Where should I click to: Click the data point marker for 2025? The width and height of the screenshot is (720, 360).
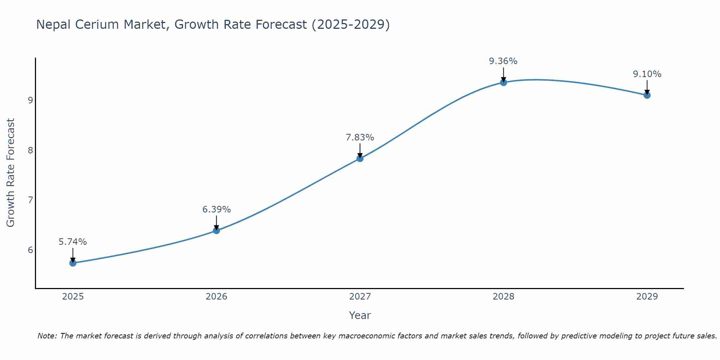[x=73, y=263]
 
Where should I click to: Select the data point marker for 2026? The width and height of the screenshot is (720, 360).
[x=216, y=230]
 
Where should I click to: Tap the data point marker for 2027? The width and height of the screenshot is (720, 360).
[x=360, y=158]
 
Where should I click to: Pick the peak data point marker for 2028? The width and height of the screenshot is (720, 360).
[x=503, y=82]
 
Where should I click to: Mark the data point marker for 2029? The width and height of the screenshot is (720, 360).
[x=647, y=95]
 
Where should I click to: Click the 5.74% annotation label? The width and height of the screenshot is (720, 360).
[x=73, y=242]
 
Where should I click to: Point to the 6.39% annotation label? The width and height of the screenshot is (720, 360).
[x=216, y=210]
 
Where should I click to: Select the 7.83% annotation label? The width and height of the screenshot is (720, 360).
[x=360, y=138]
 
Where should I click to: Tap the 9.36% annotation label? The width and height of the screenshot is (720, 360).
[x=503, y=61]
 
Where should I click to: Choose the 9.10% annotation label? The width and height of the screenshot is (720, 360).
[x=647, y=74]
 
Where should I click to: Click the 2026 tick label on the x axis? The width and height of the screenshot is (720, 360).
[x=216, y=297]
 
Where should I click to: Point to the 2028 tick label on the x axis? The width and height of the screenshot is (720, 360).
[x=503, y=297]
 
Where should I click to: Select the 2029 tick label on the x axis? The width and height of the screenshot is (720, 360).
[x=647, y=297]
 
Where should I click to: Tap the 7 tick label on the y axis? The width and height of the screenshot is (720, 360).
[x=30, y=200]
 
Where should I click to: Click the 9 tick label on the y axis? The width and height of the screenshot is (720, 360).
[x=30, y=100]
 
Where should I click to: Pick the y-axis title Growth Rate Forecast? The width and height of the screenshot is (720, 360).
[x=11, y=173]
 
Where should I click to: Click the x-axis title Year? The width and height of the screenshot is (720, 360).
[x=360, y=315]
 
